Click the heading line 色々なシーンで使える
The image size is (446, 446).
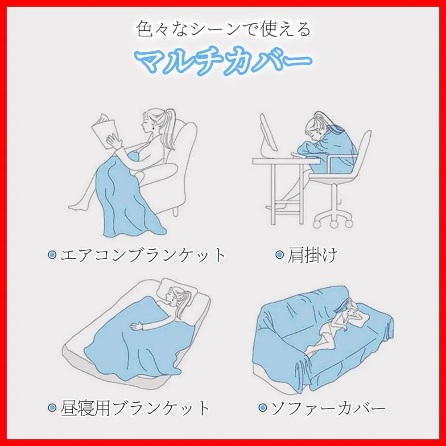(223, 29)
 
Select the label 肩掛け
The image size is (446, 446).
(312, 255)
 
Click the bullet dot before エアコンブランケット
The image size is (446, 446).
(52, 255)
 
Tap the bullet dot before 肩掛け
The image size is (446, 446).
(280, 255)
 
